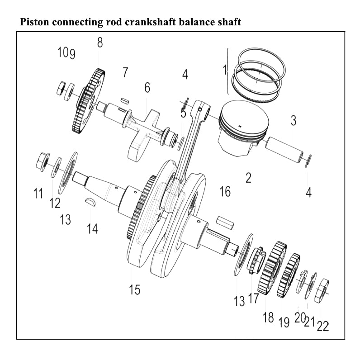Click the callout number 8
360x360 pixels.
100,43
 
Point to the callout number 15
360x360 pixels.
134,290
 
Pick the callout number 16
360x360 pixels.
225,191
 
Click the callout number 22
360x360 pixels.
322,326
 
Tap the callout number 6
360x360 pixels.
147,88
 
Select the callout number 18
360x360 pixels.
268,317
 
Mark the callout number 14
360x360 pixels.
92,228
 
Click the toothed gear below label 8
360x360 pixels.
89,102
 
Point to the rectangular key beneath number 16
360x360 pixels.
225,222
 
